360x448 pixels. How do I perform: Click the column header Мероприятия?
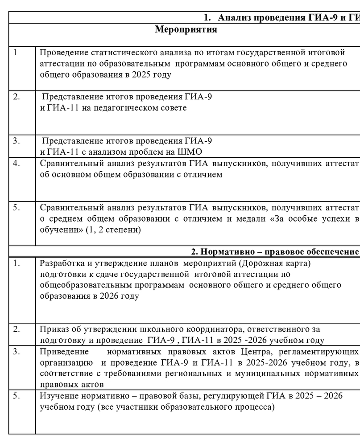186,30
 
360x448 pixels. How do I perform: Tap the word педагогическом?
133,108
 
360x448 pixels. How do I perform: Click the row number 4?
16,163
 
